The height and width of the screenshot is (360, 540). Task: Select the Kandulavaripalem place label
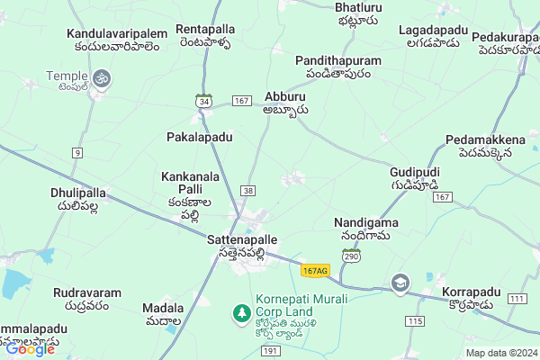[x=117, y=34]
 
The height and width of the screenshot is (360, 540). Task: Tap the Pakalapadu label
[x=200, y=137]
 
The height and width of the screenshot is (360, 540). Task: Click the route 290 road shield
[x=351, y=256]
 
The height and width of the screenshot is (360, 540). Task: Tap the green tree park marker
[x=241, y=312]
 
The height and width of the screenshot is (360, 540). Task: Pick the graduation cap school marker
[x=400, y=284]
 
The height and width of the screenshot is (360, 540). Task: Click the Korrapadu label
[x=472, y=293]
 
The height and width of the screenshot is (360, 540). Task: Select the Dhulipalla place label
[x=79, y=193]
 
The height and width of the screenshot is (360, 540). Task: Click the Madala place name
[x=163, y=308]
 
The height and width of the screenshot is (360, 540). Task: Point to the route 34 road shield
[x=205, y=103]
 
